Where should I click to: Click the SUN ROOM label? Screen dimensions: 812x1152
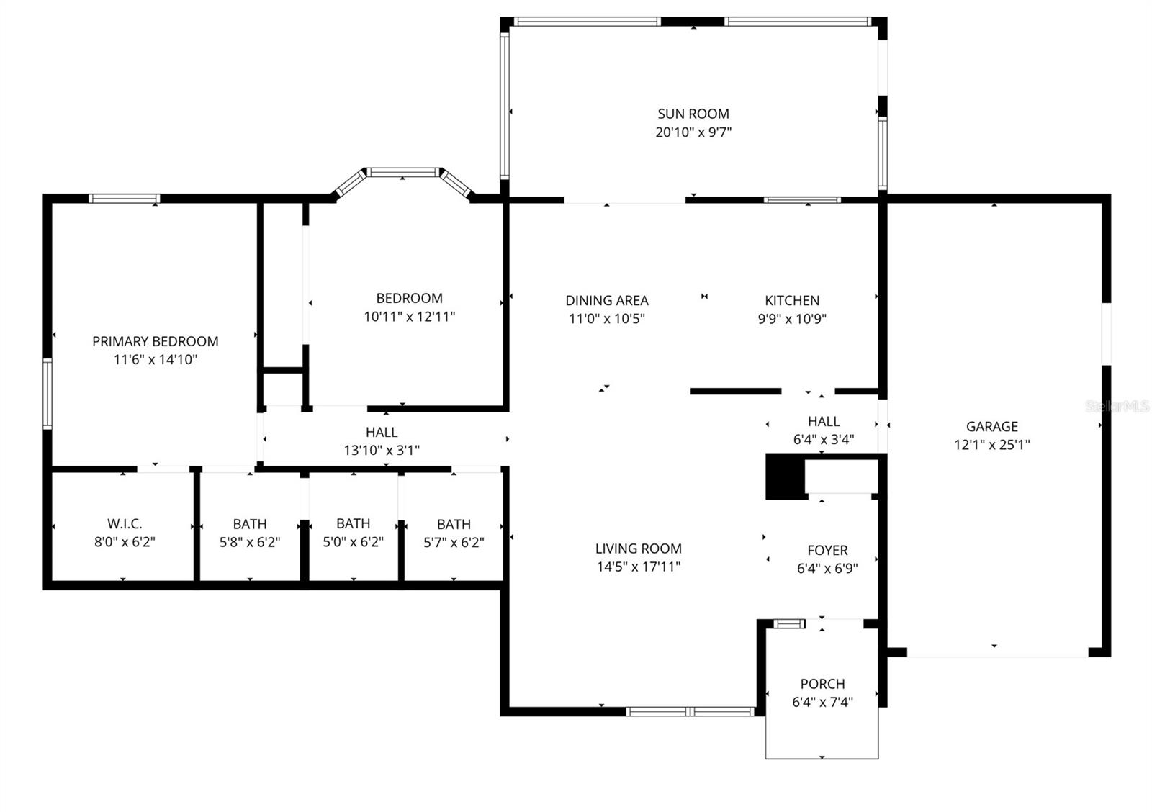pos(693,114)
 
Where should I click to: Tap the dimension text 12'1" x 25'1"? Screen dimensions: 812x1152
pos(991,445)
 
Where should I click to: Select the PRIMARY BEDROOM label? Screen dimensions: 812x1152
pos(155,341)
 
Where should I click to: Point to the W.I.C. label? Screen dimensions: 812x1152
pos(125,524)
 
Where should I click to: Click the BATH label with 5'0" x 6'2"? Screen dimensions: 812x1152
pos(353,524)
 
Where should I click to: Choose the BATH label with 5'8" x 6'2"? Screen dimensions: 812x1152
pos(250,524)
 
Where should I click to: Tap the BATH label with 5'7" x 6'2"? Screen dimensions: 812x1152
pos(454,524)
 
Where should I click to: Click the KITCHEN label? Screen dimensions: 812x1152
pos(791,301)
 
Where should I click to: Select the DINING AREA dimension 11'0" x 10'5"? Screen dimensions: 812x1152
pos(606,319)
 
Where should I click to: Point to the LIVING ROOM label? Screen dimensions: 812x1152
pos(638,549)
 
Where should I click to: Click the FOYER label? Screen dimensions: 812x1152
pos(827,551)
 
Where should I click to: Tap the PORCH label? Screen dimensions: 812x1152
pos(822,684)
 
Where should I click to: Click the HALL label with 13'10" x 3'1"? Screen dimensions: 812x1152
pos(381,432)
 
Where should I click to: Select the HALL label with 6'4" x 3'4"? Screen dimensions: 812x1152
pos(823,422)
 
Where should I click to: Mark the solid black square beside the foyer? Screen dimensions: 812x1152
pos(784,477)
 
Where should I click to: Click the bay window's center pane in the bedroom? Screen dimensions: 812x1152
pos(402,172)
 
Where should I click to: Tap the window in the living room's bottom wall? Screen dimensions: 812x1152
pos(690,711)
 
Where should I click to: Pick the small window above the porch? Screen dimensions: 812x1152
pos(789,623)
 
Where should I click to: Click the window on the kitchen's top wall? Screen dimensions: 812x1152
pos(801,199)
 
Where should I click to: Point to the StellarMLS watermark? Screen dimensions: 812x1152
pos(1117,407)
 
